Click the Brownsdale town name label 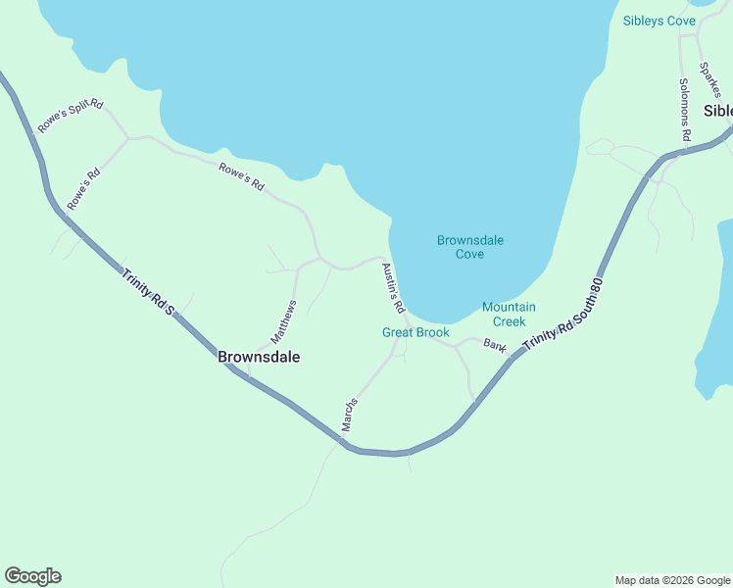[259, 358]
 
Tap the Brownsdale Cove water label [469, 247]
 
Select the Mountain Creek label [509, 314]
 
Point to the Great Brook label [415, 332]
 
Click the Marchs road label [349, 415]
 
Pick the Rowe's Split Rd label [71, 117]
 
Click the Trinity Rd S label [148, 292]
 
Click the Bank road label [495, 347]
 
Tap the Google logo [32, 576]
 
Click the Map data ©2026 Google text [672, 580]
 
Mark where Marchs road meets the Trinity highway [342, 442]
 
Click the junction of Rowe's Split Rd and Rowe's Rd [127, 139]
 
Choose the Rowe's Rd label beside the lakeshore [241, 176]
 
